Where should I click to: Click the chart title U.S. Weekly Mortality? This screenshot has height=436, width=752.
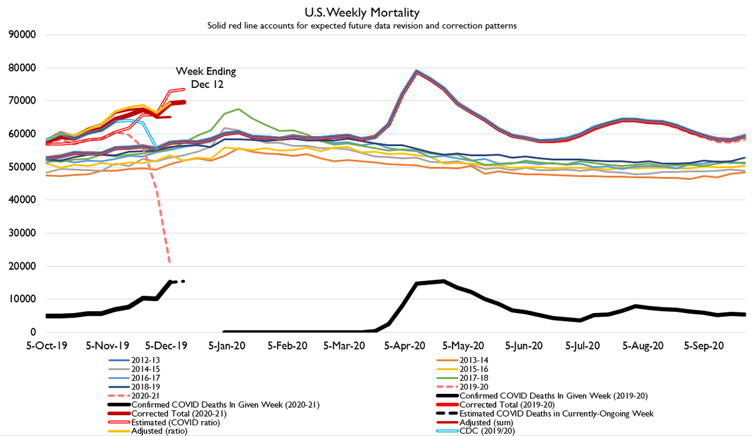[376, 12]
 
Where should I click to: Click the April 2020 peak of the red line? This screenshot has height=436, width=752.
[416, 72]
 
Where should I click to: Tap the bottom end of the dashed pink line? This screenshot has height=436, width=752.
[170, 262]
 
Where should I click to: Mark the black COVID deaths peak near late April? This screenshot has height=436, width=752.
[443, 281]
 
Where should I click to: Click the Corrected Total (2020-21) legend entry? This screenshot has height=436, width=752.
[179, 414]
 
